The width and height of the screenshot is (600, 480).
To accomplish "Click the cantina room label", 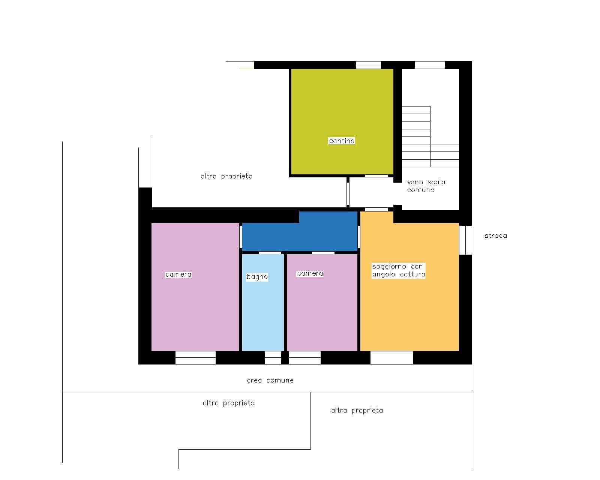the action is (342, 141).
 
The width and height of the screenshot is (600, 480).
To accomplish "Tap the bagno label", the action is (257, 277).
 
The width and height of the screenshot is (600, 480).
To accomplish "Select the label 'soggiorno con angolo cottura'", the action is (399, 270).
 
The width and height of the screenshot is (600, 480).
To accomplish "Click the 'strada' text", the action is (496, 235).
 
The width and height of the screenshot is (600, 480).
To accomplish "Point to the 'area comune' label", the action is (270, 380).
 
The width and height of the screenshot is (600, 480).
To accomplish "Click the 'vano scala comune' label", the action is (426, 186).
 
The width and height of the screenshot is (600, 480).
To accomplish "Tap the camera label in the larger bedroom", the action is (178, 275).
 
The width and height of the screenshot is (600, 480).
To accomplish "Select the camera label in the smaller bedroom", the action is (310, 274).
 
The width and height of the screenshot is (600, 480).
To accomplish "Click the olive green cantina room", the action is (342, 121).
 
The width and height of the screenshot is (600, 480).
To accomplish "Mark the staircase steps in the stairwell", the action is (430, 136).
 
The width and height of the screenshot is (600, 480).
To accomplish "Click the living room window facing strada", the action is (465, 240).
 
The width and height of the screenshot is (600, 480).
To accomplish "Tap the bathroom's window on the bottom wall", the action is (273, 357).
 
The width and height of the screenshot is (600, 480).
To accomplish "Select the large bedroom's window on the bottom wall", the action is (195, 357).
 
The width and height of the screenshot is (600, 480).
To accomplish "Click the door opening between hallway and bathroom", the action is (270, 253).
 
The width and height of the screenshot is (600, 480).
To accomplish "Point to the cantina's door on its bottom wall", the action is (376, 176).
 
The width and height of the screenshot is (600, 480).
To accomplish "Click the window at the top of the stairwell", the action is (430, 65).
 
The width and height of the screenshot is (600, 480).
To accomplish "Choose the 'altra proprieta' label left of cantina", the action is (226, 176).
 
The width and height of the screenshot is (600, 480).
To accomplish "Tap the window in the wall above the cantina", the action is (368, 65).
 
